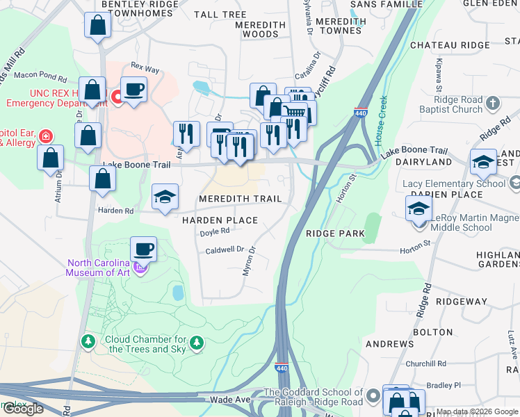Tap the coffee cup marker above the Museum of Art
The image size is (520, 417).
[x=143, y=249]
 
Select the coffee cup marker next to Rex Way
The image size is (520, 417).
[x=133, y=89]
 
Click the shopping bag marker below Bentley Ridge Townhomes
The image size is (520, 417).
[x=98, y=25]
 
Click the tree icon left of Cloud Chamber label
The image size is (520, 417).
[x=88, y=342]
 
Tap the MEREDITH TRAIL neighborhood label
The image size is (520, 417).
[x=241, y=199]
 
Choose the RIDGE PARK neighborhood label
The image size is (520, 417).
[x=335, y=234]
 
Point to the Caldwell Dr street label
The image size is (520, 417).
[x=225, y=250]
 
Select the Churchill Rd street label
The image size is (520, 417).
[x=426, y=363]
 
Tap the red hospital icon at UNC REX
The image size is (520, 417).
[x=117, y=97]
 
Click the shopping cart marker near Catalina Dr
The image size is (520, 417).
[x=298, y=111]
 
